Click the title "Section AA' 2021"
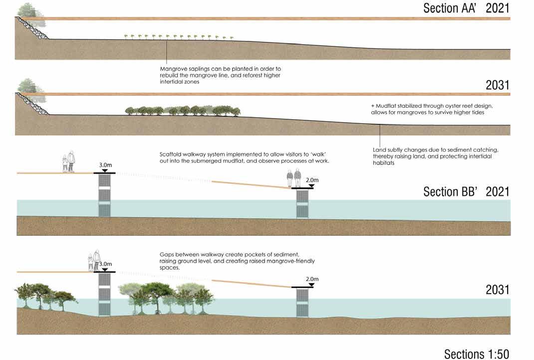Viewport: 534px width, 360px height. point(466,8)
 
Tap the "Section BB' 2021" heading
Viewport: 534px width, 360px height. point(466,192)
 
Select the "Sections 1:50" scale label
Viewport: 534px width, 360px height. point(477,354)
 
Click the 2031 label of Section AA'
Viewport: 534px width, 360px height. point(498,85)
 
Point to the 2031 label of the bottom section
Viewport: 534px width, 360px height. point(498,290)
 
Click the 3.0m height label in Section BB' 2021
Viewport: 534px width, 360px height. point(105,164)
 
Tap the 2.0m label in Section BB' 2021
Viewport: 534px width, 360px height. point(311,180)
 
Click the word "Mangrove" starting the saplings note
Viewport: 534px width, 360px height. point(173,68)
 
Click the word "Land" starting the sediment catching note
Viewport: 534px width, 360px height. point(380,149)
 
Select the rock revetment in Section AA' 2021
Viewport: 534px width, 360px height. point(33,29)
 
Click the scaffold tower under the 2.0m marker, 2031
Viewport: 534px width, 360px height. point(303,303)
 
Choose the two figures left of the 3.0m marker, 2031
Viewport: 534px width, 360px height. point(93,261)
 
